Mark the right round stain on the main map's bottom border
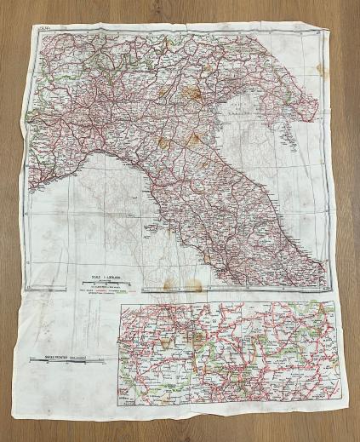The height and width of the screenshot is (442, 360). coord(194,285)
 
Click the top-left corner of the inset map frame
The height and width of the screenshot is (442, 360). coord(122,302)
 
